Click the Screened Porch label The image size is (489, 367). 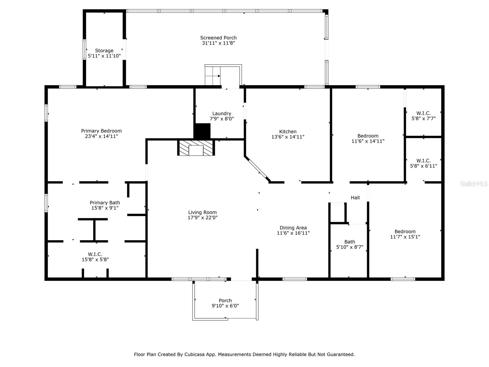point(218,40)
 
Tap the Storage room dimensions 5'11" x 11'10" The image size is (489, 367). point(104,56)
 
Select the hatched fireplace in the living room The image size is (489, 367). point(196,148)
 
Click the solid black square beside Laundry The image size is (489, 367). point(202,131)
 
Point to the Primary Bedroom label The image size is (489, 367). point(101,133)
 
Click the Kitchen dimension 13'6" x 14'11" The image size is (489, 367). point(288,137)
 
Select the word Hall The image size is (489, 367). point(355,198)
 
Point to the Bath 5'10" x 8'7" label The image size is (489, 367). point(349,244)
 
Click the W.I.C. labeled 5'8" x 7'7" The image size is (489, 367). point(423,116)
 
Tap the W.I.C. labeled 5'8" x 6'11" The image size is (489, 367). point(423,163)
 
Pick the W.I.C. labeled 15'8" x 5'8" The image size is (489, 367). point(95,257)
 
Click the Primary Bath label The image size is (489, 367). point(105,205)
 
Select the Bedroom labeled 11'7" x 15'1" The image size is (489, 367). point(405,234)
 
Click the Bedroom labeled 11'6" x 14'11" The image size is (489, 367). point(368,138)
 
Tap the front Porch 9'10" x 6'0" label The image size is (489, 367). point(225,303)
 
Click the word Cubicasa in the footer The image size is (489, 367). point(194,354)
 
